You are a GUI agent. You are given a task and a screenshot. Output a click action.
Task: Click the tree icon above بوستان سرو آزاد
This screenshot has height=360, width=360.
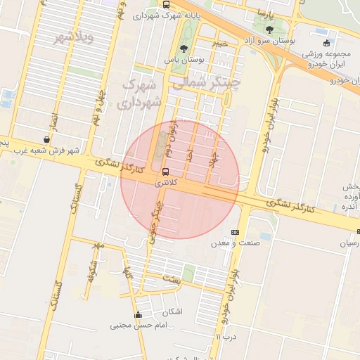270,30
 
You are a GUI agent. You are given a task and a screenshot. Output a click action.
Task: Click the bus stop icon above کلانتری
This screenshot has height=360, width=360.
165,172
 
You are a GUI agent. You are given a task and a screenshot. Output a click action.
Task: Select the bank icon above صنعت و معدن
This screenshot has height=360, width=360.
235,232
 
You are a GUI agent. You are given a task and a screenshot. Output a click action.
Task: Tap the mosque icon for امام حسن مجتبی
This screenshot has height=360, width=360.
139,314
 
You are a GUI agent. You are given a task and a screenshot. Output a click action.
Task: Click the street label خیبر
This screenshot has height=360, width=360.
221,44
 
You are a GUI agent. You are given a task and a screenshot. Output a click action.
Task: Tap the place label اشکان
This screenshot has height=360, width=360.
172,311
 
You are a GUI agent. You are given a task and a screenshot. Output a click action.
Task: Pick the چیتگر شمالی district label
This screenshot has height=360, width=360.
215,84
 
